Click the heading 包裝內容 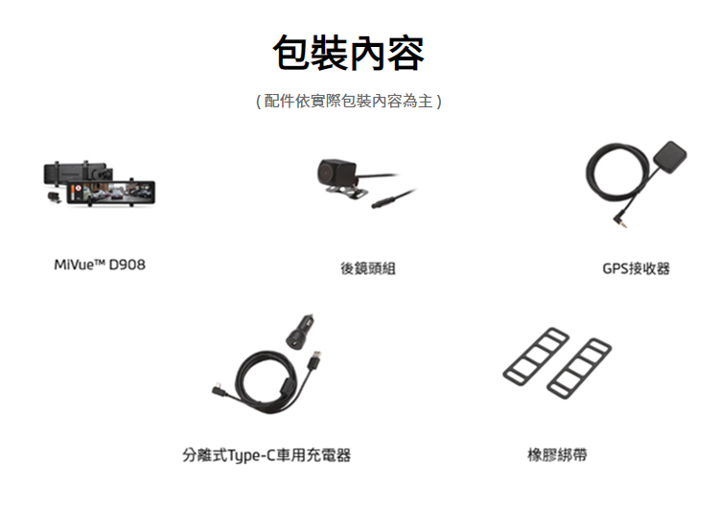coord(349,53)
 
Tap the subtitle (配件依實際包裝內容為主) coord(349,101)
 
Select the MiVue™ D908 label coord(100,265)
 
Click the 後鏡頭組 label coord(368,268)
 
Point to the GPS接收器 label coord(636,268)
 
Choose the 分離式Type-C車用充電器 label coord(267,455)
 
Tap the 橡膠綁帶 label coord(557,455)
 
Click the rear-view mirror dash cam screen coord(112,192)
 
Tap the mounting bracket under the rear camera coord(348,192)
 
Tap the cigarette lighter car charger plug coord(300,332)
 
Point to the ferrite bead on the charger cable coord(286,386)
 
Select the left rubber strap coord(536,357)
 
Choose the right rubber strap coord(579,369)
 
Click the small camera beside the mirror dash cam coord(54,197)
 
